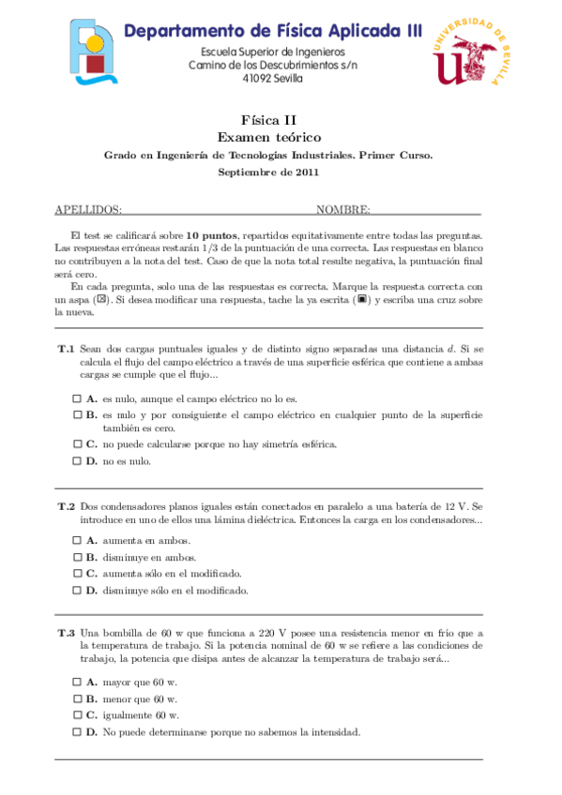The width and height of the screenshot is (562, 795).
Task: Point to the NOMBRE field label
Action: pyautogui.click(x=342, y=209)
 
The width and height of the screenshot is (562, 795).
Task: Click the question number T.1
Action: pyautogui.click(x=66, y=349)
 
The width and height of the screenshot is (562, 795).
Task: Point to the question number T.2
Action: pyautogui.click(x=66, y=506)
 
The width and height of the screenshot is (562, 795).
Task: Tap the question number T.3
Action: pyautogui.click(x=66, y=633)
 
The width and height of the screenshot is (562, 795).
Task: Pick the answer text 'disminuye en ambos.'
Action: pyautogui.click(x=149, y=557)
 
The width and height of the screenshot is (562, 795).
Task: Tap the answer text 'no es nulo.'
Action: pyautogui.click(x=127, y=460)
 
